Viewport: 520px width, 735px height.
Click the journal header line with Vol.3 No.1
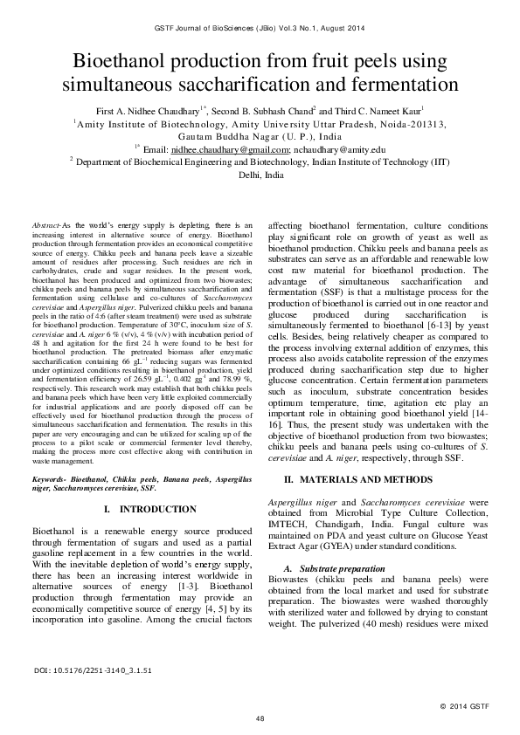260,30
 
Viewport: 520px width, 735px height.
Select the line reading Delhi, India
260,175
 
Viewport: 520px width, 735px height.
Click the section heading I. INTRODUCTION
142,508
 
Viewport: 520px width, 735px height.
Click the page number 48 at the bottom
260,718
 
